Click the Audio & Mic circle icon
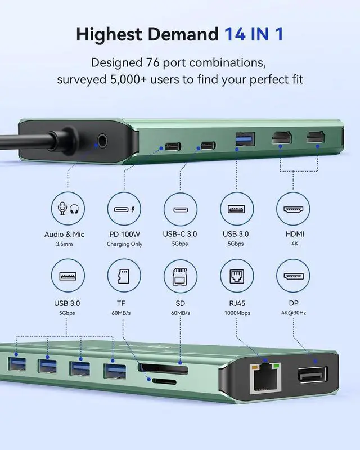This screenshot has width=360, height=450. (67, 210)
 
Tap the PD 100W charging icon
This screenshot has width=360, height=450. (124, 210)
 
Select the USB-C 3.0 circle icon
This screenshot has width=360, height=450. (180, 210)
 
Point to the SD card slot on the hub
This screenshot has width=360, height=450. (163, 369)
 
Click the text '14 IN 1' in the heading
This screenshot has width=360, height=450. (254, 34)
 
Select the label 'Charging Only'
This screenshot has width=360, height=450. (124, 244)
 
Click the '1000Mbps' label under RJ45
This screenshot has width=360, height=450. (236, 313)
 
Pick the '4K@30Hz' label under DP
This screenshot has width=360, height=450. (292, 313)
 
